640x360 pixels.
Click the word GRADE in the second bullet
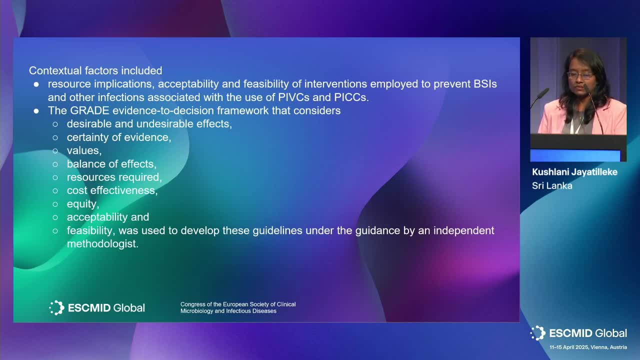click(89, 110)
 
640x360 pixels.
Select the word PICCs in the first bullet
click(351, 97)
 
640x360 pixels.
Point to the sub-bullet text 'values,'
click(84, 150)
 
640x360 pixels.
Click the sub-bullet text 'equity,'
click(83, 204)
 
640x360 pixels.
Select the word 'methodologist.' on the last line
click(102, 243)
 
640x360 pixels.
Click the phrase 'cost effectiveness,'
click(112, 190)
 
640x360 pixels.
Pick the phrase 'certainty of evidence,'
click(119, 137)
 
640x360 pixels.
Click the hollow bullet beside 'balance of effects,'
click(55, 164)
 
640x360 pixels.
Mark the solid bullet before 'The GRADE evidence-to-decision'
click(36, 111)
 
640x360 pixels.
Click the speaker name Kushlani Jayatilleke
click(574, 172)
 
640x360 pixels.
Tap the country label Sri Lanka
click(552, 185)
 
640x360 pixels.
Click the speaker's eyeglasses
click(580, 75)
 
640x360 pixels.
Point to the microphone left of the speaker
click(540, 96)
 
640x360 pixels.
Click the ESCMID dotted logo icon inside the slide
click(56, 307)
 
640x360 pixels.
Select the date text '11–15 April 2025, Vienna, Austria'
click(588, 347)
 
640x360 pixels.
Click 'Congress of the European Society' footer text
click(238, 304)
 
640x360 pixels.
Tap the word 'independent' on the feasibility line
click(463, 230)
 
